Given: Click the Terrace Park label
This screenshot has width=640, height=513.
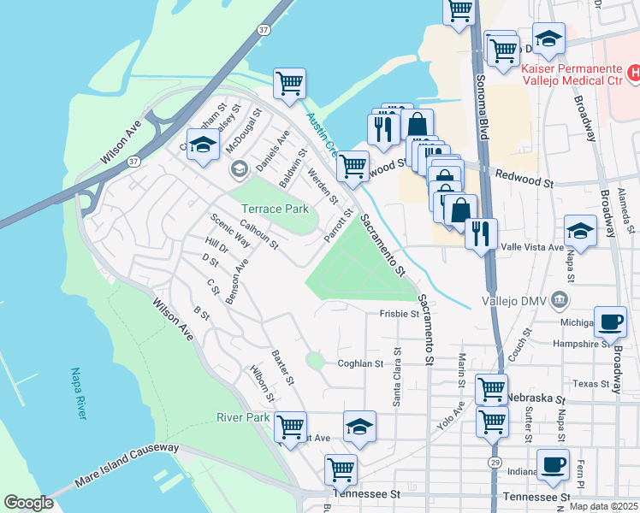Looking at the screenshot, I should click(274, 209).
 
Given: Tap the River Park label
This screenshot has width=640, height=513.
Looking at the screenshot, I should click(243, 418).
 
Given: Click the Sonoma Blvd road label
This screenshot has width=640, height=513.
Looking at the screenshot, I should click(482, 107).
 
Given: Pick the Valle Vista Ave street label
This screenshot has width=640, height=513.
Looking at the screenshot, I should click(532, 247).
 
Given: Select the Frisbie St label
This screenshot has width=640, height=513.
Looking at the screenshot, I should click(400, 314).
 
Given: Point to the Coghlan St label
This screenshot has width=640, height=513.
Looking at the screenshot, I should click(359, 363).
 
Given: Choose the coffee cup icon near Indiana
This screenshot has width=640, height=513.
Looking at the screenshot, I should click(553, 464).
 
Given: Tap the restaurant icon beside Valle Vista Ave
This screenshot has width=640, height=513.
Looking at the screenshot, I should click(482, 232).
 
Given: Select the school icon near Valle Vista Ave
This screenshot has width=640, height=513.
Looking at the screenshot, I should click(580, 230).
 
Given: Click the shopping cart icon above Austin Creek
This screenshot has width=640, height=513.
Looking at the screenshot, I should click(289, 83).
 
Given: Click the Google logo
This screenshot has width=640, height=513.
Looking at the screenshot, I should click(28, 503).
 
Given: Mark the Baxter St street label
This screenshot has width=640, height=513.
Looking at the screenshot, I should click(283, 366).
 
